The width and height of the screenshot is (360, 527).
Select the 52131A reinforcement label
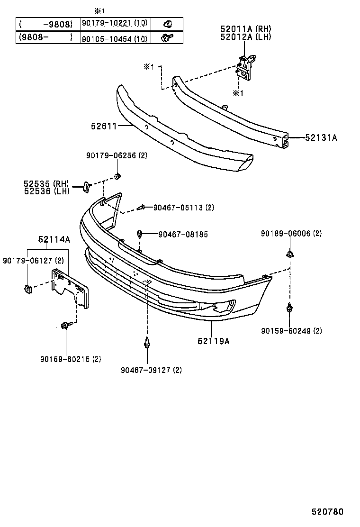pyautogui.click(x=321, y=138)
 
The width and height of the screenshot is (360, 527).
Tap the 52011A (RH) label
pyautogui.click(x=245, y=29)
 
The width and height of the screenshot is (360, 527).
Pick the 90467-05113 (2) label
pyautogui.click(x=184, y=207)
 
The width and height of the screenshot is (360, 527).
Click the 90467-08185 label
pyautogui.click(x=183, y=234)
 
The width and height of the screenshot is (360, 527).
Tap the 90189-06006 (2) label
pyautogui.click(x=291, y=234)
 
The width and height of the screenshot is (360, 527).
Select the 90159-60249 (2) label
pyautogui.click(x=291, y=331)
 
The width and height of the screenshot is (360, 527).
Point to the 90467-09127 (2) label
pyautogui.click(x=151, y=370)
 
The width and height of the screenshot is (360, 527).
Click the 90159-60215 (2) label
pyautogui.click(x=71, y=359)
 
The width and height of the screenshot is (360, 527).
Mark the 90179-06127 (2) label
pyautogui.click(x=33, y=260)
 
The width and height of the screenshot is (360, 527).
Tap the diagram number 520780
pyautogui.click(x=327, y=512)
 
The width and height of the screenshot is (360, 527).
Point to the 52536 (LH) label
pyautogui.click(x=46, y=191)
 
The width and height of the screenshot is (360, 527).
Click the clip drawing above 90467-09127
pyautogui.click(x=149, y=342)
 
